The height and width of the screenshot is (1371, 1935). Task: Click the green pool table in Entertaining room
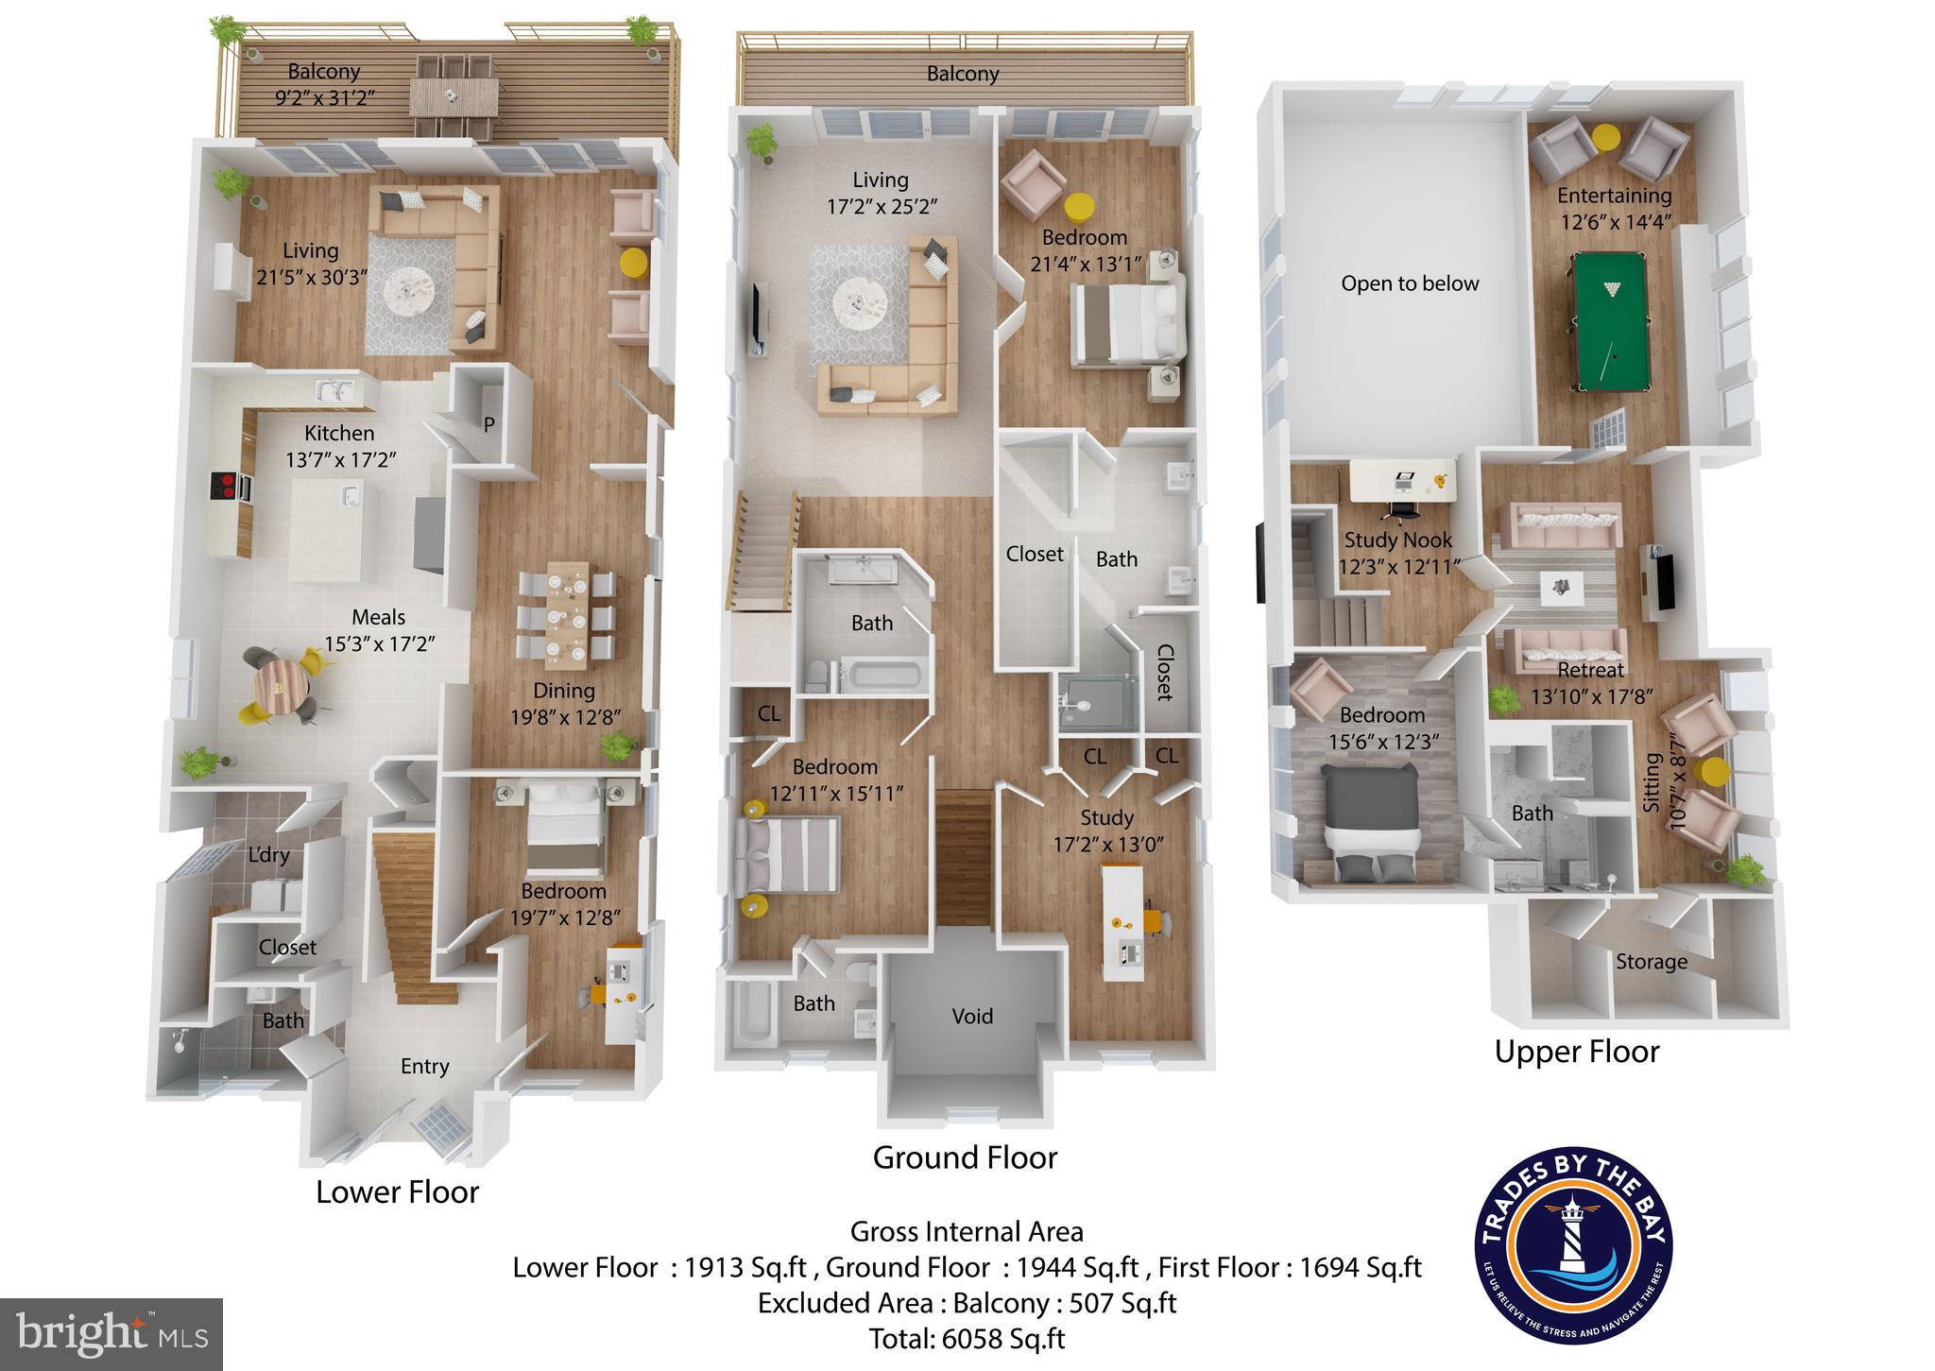point(1611,320)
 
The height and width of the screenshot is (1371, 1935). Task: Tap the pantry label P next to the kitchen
point(488,424)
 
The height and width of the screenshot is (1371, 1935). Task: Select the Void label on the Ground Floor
point(972,1016)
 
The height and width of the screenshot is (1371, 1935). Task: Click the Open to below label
point(1410,283)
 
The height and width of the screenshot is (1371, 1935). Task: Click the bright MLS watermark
point(111,1334)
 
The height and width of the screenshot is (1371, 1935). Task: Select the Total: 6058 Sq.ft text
point(967,1339)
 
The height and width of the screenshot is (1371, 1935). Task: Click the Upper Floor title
point(1576,1052)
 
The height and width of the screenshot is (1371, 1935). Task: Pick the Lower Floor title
point(397,1192)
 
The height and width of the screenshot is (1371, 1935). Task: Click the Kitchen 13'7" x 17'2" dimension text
point(340,460)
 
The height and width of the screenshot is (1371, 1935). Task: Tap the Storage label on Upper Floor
point(1651,962)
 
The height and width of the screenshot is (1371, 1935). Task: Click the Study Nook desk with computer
point(1402,481)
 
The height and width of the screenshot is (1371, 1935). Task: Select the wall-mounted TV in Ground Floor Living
point(758,319)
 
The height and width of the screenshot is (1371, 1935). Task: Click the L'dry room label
point(268,855)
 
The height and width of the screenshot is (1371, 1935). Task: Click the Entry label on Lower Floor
point(424,1067)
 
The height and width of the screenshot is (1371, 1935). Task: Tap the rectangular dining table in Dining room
point(566,611)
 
